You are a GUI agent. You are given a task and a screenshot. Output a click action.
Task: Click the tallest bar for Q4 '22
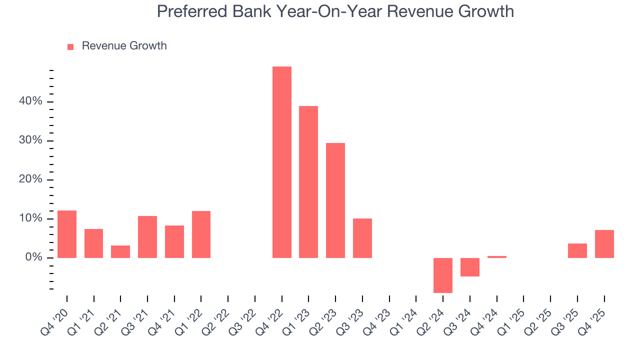click(x=281, y=162)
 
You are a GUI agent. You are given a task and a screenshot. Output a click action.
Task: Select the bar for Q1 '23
click(x=308, y=182)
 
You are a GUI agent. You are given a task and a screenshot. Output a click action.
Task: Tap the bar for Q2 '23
click(x=335, y=200)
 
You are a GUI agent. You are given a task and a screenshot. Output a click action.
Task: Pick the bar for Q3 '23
click(x=362, y=238)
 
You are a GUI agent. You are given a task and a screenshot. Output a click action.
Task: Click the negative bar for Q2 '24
click(x=443, y=275)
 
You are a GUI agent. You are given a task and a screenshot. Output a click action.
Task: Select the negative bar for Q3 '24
click(x=470, y=267)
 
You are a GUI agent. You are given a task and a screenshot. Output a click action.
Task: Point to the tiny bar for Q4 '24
click(x=497, y=257)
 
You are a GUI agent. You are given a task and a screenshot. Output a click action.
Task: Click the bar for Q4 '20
click(x=67, y=234)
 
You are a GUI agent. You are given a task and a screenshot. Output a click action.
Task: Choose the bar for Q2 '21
click(x=120, y=251)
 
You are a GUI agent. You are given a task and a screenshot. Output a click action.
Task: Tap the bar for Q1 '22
click(x=201, y=234)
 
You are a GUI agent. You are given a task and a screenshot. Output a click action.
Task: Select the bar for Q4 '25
click(x=604, y=244)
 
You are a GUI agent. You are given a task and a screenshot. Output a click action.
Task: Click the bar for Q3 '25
click(x=577, y=250)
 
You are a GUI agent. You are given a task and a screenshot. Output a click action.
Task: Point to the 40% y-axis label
click(x=30, y=101)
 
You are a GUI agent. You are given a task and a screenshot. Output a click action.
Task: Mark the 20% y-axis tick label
click(x=30, y=179)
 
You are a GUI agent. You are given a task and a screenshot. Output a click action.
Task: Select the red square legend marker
click(x=70, y=46)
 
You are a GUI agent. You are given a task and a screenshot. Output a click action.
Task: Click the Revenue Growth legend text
click(x=124, y=46)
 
